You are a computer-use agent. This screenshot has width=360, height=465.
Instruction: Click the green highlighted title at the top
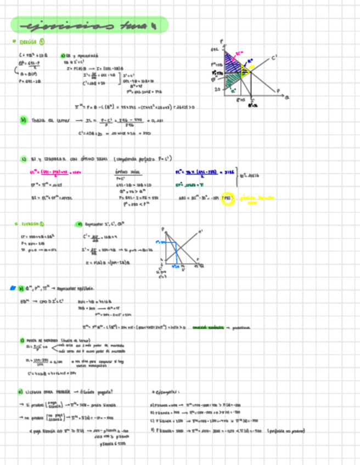[x=89, y=25]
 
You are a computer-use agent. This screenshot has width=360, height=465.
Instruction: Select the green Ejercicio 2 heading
[x=31, y=224]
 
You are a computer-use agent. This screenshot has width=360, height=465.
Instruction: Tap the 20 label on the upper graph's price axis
[x=217, y=89]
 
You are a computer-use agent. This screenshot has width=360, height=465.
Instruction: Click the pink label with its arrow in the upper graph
[x=239, y=54]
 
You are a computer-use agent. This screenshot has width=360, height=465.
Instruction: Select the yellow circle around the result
[x=228, y=199]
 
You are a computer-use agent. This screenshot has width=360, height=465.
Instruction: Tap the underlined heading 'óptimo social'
[x=121, y=172]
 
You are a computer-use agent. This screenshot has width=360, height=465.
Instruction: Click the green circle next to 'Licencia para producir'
[x=21, y=392]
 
